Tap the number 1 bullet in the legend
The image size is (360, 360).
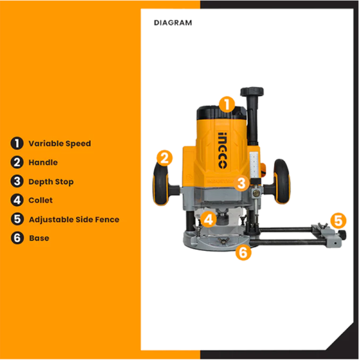point(17,143)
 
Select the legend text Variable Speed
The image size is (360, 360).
point(59,143)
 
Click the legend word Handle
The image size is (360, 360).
point(43,163)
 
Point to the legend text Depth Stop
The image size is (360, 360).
point(51,181)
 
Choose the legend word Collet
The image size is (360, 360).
point(41,200)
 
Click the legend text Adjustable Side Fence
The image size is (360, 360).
point(74,220)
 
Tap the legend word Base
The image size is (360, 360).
point(39,238)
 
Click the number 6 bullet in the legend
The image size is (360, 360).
point(17,238)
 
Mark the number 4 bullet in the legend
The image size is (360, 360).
point(17,200)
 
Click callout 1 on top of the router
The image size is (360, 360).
point(225,104)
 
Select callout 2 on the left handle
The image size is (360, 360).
point(164,158)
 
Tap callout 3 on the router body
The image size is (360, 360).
point(241,183)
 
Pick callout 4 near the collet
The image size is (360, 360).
point(208,219)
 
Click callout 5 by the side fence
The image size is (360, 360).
point(339,220)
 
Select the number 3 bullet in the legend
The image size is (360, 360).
point(17,181)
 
